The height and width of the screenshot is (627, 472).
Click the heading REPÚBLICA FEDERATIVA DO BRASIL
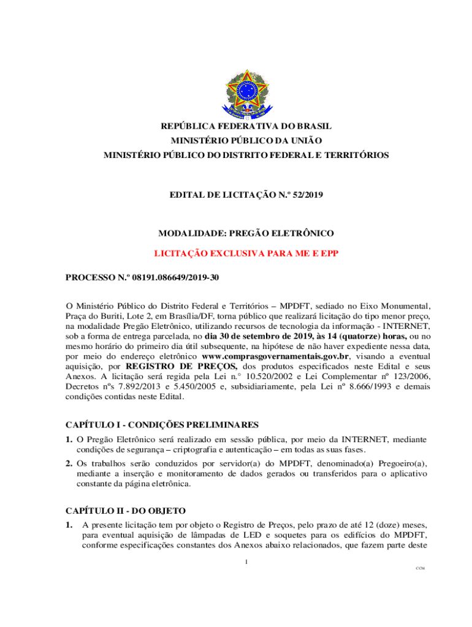tap(246, 126)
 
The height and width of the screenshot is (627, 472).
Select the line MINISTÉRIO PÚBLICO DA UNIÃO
tap(246, 141)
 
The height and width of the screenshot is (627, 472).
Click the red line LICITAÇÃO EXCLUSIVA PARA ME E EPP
tap(246, 253)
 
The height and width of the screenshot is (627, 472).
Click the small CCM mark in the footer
tap(420, 569)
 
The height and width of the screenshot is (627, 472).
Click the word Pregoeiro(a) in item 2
tap(404, 464)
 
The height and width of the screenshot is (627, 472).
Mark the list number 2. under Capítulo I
tap(69, 464)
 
